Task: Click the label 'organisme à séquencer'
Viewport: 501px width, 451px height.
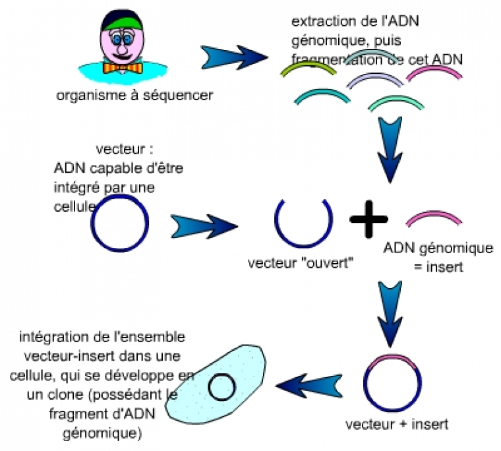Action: point(134,96)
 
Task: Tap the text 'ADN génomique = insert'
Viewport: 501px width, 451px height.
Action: point(438,257)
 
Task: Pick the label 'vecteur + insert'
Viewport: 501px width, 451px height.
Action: point(396,423)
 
